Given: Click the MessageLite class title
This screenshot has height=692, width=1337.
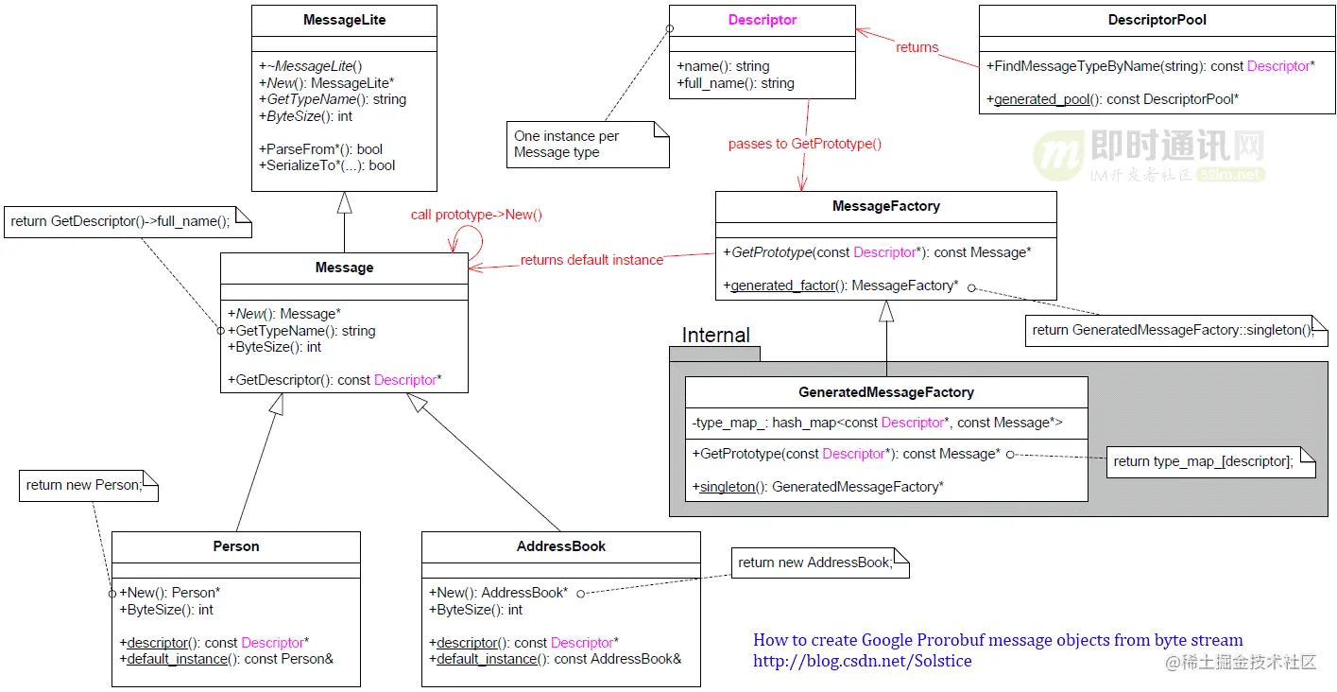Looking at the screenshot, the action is point(344,20).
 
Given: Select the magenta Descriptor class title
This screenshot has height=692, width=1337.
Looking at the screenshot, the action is point(763,20).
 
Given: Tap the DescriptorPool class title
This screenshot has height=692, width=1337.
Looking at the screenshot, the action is point(1157,20).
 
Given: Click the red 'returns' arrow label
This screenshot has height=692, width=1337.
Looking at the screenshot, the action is point(917,47).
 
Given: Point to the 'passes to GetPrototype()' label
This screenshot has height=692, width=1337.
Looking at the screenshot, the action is point(805,144).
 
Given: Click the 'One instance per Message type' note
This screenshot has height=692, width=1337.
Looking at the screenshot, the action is point(588,145).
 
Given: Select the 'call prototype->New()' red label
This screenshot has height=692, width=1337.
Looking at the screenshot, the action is point(476,215).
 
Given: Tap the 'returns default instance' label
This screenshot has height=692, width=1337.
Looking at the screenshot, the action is point(591,260).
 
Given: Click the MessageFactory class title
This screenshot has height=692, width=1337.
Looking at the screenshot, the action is point(885,206).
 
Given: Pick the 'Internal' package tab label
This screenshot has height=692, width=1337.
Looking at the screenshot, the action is point(715,335).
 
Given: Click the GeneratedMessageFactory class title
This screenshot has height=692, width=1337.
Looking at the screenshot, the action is point(885,392).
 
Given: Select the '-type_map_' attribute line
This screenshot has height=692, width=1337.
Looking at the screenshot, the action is point(877,423).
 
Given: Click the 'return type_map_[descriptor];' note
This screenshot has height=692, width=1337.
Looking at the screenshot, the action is point(1210,462).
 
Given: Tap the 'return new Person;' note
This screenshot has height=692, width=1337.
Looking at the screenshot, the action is point(88,485).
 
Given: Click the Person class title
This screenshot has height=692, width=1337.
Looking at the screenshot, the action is point(236,546).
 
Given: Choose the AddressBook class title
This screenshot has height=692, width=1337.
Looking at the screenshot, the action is point(560,546).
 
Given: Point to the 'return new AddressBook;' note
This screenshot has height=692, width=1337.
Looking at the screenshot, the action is point(820,563).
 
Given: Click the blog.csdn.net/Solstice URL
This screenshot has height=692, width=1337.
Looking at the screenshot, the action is point(862,661).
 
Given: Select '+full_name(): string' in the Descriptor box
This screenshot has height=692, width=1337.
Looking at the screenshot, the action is point(735,83).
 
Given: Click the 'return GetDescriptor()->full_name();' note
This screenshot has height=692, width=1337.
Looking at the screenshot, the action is point(128,222).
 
